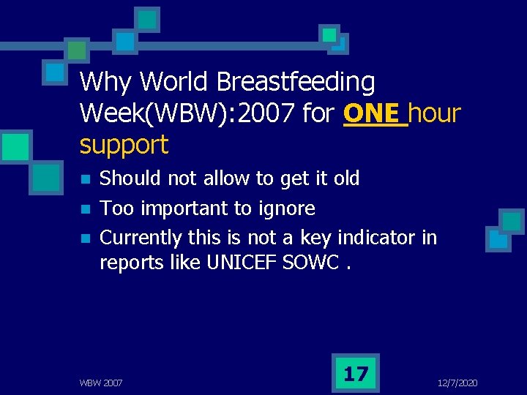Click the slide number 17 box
click(x=356, y=374)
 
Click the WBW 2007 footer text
click(x=101, y=383)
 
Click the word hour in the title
click(x=435, y=114)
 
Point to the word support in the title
click(x=124, y=145)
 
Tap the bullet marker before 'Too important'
click(x=86, y=209)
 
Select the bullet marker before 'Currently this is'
click(x=86, y=238)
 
